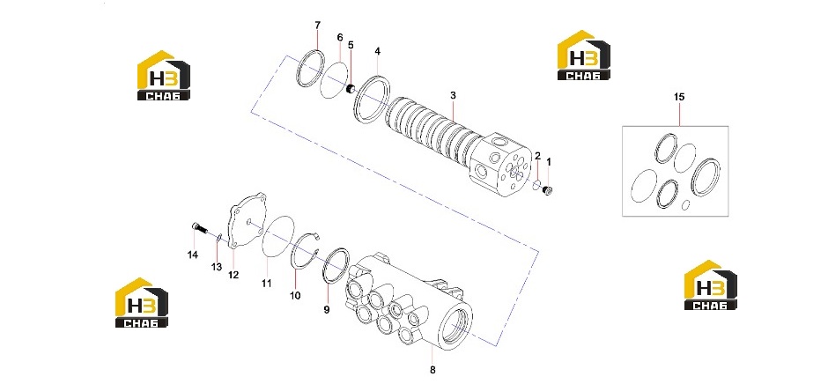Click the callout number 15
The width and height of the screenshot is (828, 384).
tap(679, 97)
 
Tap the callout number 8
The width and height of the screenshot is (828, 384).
tap(433, 370)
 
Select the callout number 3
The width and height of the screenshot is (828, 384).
tap(453, 95)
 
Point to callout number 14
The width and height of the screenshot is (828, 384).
tap(193, 255)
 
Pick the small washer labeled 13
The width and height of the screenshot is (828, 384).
tap(217, 240)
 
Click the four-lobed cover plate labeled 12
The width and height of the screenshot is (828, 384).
tap(248, 221)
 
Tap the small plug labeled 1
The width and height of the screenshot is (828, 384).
tap(547, 191)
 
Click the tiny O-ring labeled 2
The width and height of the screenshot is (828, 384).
tap(536, 184)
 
